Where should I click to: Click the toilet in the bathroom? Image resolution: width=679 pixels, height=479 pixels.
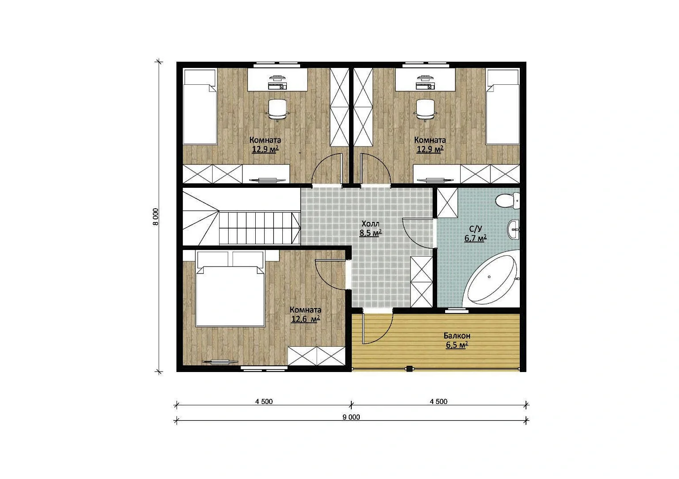(507, 201)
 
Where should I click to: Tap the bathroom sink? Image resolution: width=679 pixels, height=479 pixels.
(514, 230)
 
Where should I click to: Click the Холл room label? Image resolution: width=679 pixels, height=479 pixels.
(370, 224)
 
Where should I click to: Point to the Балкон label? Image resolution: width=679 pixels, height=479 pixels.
(457, 336)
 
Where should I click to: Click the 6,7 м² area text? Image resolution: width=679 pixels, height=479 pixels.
(476, 238)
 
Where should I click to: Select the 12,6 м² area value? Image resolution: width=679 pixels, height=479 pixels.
(305, 319)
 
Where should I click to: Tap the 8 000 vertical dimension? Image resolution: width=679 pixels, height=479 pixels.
(156, 217)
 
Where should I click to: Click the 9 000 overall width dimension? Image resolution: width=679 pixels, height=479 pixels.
(351, 417)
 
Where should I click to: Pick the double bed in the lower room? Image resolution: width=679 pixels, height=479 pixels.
(230, 289)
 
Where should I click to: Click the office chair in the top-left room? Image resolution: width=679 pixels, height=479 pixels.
(277, 110)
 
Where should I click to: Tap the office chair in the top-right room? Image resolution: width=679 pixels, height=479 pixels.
(425, 110)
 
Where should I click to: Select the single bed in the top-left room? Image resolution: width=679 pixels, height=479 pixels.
(200, 107)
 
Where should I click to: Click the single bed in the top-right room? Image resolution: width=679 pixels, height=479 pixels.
(503, 107)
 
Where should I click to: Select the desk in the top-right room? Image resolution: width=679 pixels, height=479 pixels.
(425, 79)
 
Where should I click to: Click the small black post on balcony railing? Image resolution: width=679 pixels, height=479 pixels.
(409, 368)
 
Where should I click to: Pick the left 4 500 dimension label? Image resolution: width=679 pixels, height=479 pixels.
(264, 402)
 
